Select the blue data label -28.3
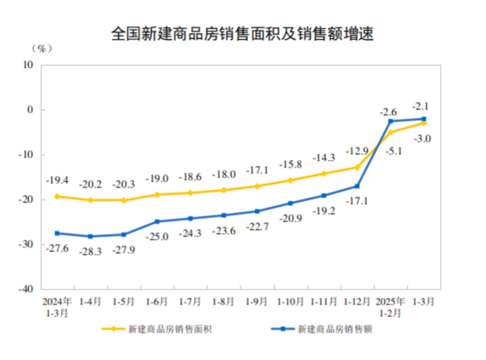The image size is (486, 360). click(x=90, y=251)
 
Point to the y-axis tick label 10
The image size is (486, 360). click(x=27, y=64)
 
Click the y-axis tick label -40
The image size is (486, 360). click(x=24, y=290)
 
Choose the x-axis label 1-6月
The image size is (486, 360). click(x=157, y=304)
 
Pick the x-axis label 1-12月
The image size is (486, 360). click(x=357, y=304)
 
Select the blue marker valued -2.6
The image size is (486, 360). click(x=391, y=121)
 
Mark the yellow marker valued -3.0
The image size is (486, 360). click(x=424, y=123)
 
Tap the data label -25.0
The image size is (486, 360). click(x=158, y=236)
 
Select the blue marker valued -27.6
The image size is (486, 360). click(x=56, y=233)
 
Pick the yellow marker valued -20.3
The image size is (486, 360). click(x=124, y=200)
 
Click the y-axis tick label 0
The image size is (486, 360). click(x=30, y=109)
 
